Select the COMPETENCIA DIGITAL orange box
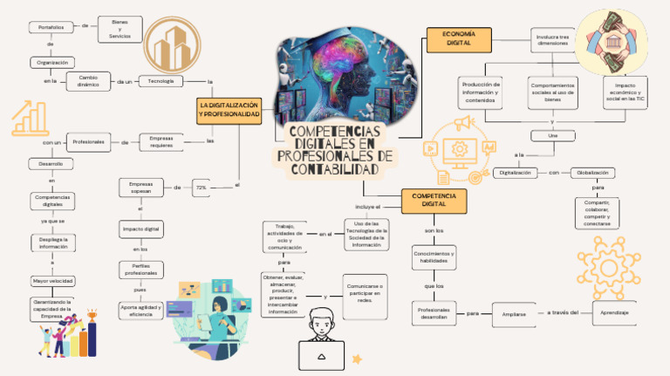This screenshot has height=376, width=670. point(434,201)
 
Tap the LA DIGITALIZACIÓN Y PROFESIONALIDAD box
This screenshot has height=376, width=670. point(229,110)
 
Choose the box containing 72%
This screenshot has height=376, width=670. point(201,188)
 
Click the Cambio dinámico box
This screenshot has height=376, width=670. point(89,81)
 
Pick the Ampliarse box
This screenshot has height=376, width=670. point(508,313)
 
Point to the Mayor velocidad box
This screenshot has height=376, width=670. point(52,281)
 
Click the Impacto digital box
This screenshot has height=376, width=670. point(140,229)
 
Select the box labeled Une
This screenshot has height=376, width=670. point(552,135)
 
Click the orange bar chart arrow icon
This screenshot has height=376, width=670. point(30,118)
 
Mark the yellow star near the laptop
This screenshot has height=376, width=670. point(356,358)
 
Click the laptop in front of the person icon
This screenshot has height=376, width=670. point(321,355)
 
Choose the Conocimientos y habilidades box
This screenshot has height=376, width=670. point(434,256)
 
